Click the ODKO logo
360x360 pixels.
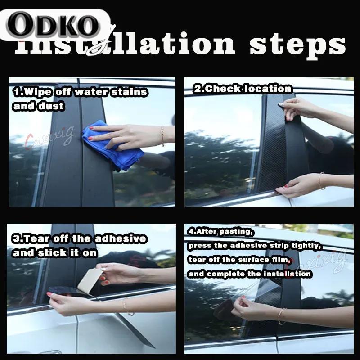click(54, 26)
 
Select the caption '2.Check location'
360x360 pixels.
click(243, 89)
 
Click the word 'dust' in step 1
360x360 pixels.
click(54, 106)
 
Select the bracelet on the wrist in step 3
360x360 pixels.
click(126, 306)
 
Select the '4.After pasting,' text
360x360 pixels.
click(221, 232)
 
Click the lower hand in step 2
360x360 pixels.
click(297, 184)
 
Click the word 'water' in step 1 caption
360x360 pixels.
click(91, 92)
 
